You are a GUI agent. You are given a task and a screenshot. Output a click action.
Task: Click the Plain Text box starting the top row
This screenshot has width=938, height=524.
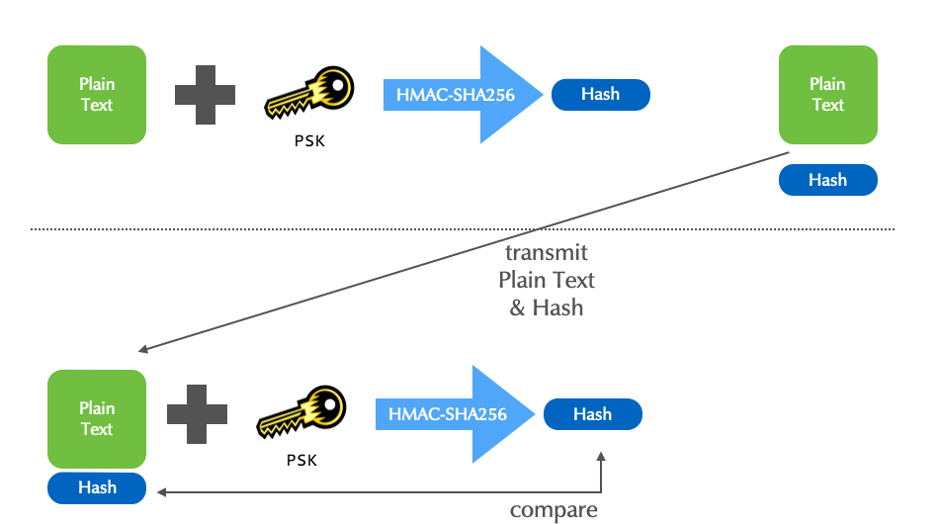tap(97, 95)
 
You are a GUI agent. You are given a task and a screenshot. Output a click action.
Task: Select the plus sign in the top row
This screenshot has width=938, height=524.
tap(205, 95)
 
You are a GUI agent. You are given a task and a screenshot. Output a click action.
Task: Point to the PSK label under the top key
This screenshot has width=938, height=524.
tap(309, 141)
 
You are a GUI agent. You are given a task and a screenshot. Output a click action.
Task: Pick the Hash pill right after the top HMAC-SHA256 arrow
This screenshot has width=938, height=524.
tap(600, 95)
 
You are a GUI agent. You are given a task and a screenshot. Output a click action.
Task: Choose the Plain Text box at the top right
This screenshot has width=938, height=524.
tap(827, 95)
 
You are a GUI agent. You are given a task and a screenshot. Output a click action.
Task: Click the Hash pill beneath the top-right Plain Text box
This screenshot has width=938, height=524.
tap(827, 180)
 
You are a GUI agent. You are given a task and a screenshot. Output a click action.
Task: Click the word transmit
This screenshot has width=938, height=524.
tap(547, 252)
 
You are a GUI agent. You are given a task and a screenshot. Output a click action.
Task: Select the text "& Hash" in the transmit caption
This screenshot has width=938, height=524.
tap(547, 307)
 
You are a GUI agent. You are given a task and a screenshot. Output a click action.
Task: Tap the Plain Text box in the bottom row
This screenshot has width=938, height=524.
tap(97, 418)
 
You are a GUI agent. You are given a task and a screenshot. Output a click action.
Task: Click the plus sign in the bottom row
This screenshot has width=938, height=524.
tap(197, 414)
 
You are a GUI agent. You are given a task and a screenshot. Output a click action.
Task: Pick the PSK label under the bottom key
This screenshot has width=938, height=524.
tap(301, 460)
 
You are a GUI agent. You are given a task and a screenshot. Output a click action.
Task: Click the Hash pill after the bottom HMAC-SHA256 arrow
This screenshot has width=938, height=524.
tap(592, 414)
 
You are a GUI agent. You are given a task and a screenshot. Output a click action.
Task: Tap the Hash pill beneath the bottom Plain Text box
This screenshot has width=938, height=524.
tap(97, 487)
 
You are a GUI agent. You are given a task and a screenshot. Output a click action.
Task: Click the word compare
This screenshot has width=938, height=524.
tap(554, 510)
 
